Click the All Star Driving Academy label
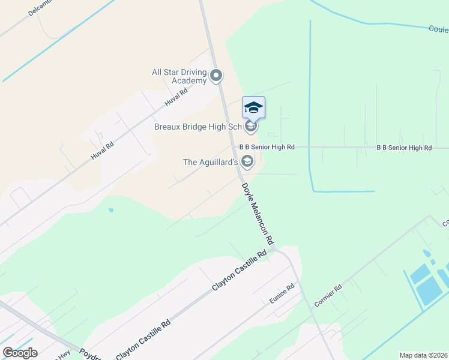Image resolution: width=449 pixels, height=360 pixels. tap(179, 76)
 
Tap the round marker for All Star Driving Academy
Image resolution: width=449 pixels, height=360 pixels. tap(217, 76)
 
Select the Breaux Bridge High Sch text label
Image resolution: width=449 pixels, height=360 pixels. tap(198, 127)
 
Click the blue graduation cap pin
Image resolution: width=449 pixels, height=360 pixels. tap(253, 107)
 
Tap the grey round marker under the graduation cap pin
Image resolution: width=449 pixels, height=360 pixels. tap(252, 126)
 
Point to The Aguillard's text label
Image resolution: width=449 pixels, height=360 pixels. tap(210, 162)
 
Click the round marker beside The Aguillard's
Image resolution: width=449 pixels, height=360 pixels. tap(247, 161)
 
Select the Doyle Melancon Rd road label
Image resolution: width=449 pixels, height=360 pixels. tap(258, 214)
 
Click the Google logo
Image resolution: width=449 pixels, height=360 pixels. tap(20, 353)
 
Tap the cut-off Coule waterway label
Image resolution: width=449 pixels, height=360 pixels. tap(439, 29)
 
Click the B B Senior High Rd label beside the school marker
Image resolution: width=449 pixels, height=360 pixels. tap(267, 147)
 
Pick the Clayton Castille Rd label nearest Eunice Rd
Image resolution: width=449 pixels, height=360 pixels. tap(240, 272)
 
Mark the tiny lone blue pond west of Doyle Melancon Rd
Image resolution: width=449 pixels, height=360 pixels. tap(110, 211)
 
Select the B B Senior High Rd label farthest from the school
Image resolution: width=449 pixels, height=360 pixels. tap(404, 148)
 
